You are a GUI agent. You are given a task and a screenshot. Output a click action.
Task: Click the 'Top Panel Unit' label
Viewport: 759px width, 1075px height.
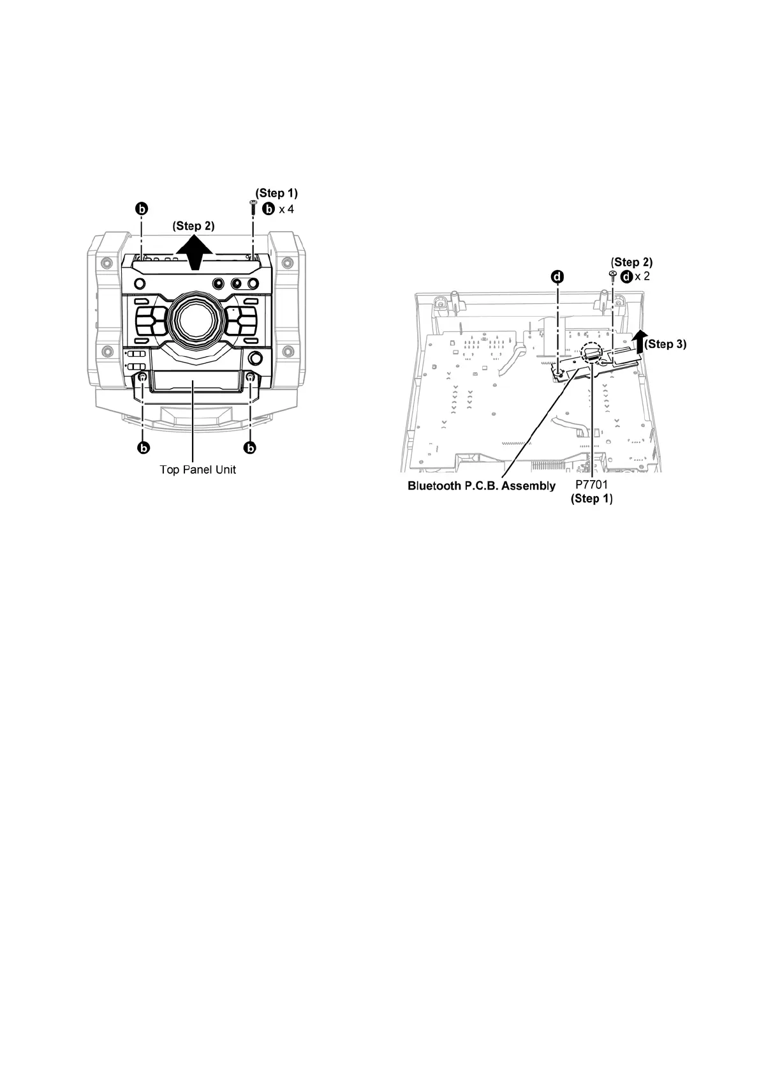click(x=198, y=469)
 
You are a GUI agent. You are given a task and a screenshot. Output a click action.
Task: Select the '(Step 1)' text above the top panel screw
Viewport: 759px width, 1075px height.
click(x=277, y=193)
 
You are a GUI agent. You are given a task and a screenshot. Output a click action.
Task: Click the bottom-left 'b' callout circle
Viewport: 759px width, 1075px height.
click(x=143, y=447)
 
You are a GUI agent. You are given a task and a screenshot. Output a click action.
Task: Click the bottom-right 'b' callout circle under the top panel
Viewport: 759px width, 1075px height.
click(x=250, y=447)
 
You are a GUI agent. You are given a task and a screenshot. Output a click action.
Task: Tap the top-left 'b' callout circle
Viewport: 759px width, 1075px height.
click(x=142, y=209)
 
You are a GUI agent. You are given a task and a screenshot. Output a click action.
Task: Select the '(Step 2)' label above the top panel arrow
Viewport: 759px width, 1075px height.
click(x=194, y=225)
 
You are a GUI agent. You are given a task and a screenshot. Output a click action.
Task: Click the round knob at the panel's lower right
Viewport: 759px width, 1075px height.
click(x=256, y=357)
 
